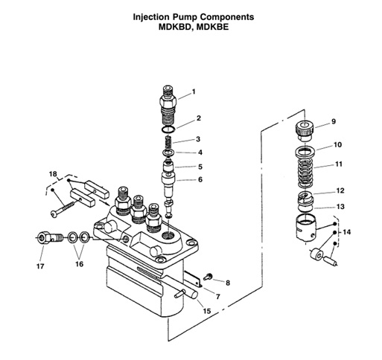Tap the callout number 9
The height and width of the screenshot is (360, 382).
coord(334,121)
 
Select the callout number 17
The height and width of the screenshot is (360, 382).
coord(40,266)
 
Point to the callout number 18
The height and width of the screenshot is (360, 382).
coord(52,174)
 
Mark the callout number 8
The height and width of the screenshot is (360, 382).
coord(228,283)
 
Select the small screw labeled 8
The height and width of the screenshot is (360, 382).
coord(211,277)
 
